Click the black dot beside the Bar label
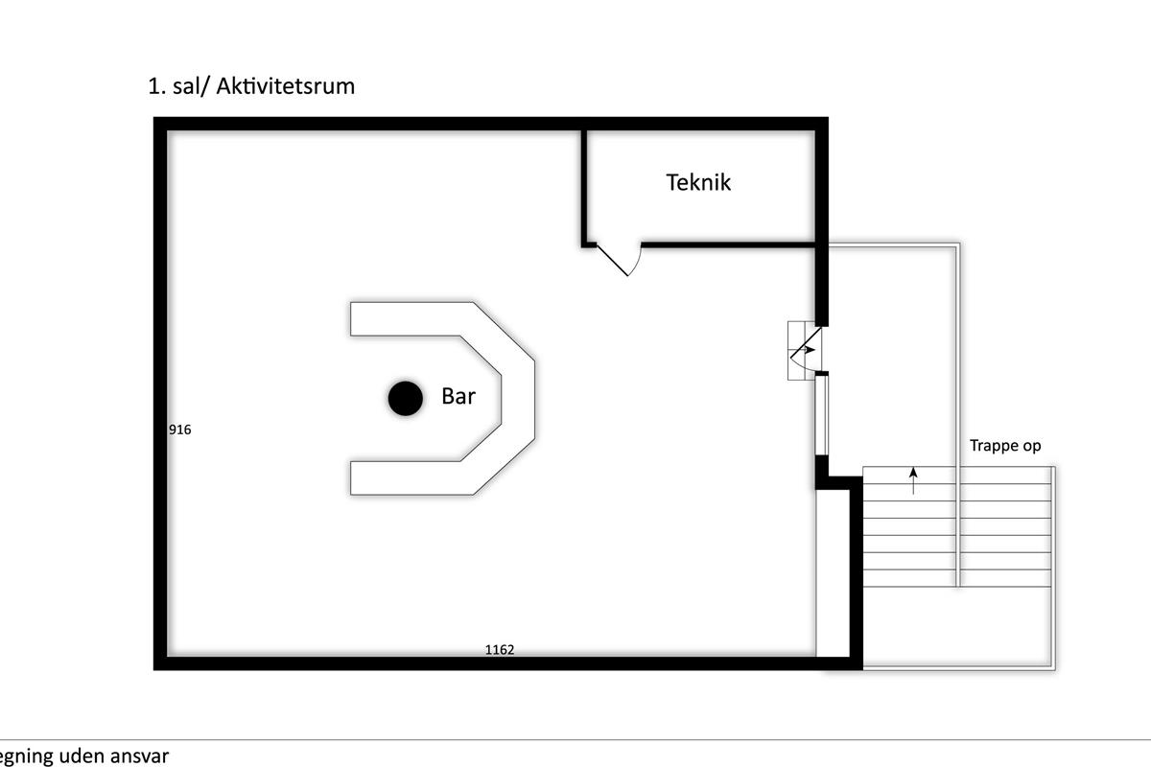pos(405,398)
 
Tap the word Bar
pos(458,396)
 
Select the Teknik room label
pos(698,182)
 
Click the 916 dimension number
pos(180,430)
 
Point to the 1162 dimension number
pos(499,650)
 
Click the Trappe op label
pos(1004,446)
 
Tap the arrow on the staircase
pos(913,479)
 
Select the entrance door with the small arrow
pos(804,351)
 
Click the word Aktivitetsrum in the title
pos(286,86)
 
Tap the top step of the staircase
pos(957,476)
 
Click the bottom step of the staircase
pos(957,578)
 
